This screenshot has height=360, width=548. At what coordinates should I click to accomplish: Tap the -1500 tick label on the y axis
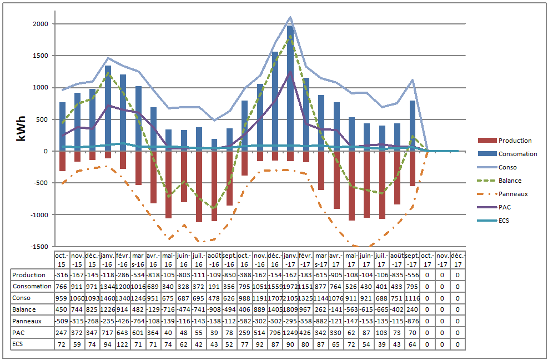[41, 246]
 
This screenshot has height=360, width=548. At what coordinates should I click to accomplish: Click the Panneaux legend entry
[512, 194]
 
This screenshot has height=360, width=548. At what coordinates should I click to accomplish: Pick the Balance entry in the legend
[510, 181]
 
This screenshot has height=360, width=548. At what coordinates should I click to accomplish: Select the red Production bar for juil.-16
[199, 187]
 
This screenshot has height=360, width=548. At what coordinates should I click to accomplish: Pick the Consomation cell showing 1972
[290, 287]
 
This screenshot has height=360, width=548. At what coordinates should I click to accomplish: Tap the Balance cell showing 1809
[290, 309]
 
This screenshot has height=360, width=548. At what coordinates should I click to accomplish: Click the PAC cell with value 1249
[290, 333]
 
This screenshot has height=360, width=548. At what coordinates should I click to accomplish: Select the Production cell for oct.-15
[62, 275]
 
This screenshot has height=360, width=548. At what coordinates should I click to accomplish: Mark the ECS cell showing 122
[123, 344]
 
